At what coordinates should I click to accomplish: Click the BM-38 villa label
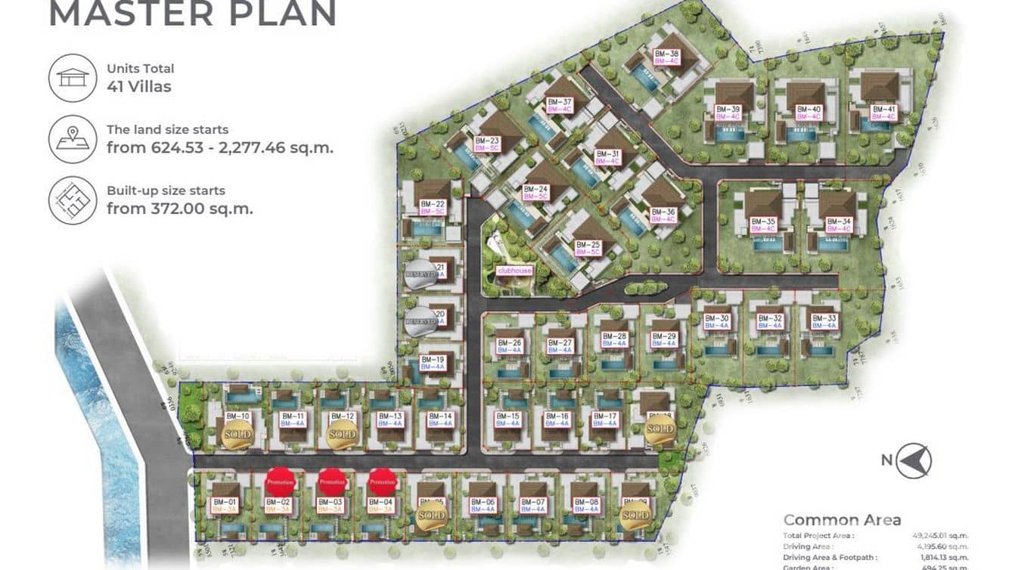[x=666, y=57]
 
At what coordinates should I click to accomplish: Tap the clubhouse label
[x=514, y=270]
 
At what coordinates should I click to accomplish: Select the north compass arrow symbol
[x=914, y=460]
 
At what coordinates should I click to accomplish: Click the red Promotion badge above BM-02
[x=281, y=481]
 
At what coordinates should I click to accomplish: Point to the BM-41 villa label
[x=883, y=113]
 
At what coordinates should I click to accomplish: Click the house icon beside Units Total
[x=73, y=77]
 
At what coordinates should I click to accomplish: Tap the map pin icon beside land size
[x=73, y=138]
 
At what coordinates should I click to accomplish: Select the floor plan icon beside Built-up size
[x=73, y=200]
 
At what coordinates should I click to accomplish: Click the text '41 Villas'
[x=139, y=86]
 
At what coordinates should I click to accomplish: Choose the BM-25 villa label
[x=587, y=248]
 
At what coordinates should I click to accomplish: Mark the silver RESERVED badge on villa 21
[x=420, y=277]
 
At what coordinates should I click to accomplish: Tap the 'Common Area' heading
[x=842, y=519]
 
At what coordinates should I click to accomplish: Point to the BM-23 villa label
[x=487, y=144]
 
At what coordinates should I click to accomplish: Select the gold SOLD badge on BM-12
[x=341, y=434]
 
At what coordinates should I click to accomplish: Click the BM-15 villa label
[x=507, y=420]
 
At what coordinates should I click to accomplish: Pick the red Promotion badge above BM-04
[x=383, y=481]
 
